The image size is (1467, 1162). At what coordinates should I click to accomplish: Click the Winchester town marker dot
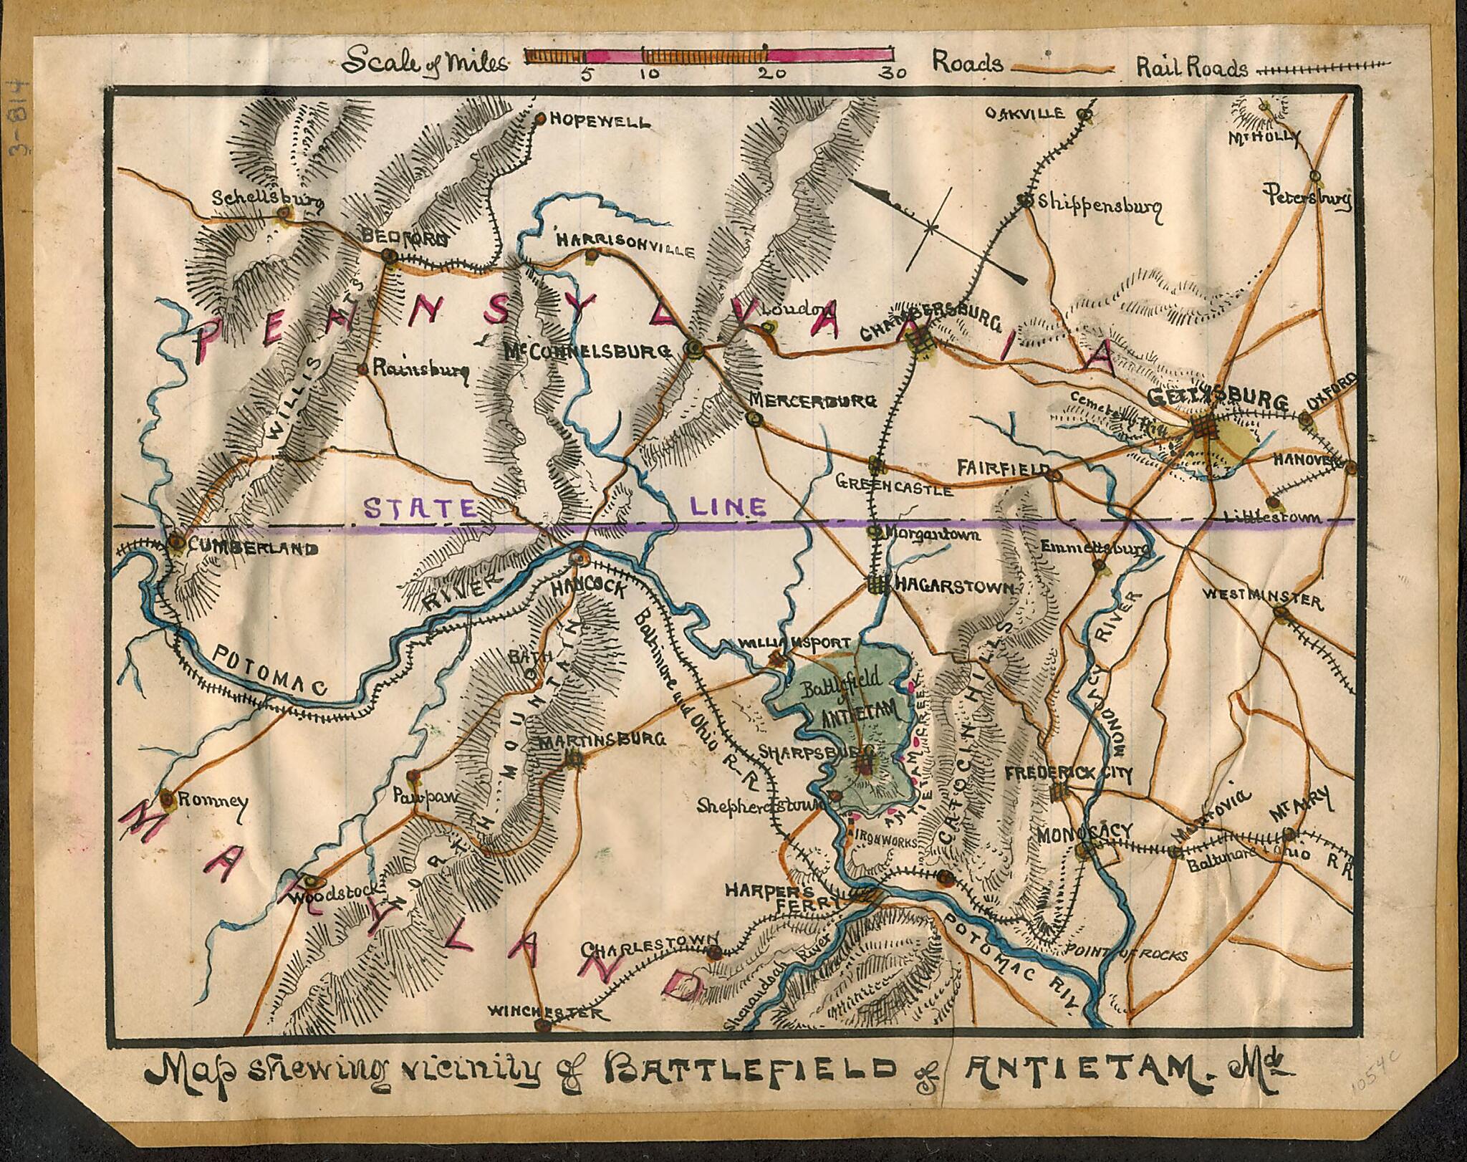click(539, 1024)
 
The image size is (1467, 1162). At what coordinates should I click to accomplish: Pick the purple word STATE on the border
click(419, 508)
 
